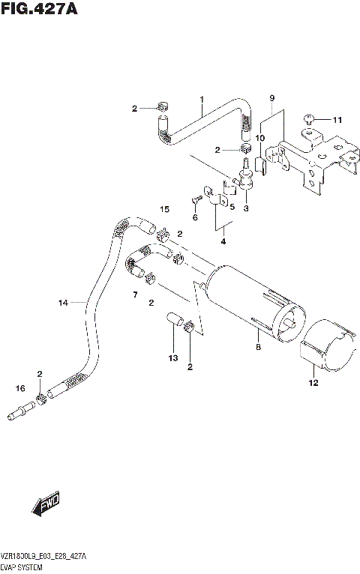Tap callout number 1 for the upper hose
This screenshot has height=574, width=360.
[202, 100]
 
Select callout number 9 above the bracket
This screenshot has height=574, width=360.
[272, 98]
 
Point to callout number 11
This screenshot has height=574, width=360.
[337, 120]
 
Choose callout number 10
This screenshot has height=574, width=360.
[260, 139]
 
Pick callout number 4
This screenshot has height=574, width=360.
[223, 241]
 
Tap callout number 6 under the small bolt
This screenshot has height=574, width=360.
[195, 217]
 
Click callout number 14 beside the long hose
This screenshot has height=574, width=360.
[63, 303]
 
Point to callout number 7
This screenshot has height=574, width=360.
[136, 294]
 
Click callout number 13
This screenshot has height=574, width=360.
[172, 358]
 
